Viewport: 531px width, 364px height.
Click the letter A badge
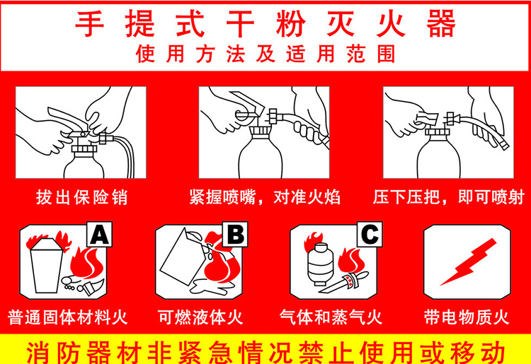tap(100, 234)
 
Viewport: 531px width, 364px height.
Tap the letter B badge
tap(235, 234)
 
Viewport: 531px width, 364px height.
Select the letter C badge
tap(370, 234)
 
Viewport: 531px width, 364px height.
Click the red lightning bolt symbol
tap(469, 262)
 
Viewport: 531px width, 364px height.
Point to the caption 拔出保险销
tap(81, 197)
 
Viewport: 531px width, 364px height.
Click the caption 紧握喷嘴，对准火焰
tap(265, 197)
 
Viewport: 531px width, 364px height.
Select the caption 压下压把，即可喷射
tap(449, 197)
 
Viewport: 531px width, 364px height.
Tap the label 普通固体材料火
tap(67, 317)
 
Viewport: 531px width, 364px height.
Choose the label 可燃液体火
tap(200, 317)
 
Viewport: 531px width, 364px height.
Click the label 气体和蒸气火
tap(331, 317)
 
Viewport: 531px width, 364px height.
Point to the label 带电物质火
tap(467, 317)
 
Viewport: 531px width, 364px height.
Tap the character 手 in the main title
tap(89, 23)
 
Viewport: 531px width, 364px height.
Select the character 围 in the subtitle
tap(386, 54)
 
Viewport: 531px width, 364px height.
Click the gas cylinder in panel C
tap(320, 264)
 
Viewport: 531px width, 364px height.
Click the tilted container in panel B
tap(185, 257)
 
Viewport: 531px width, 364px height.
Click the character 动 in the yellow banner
tap(493, 353)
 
